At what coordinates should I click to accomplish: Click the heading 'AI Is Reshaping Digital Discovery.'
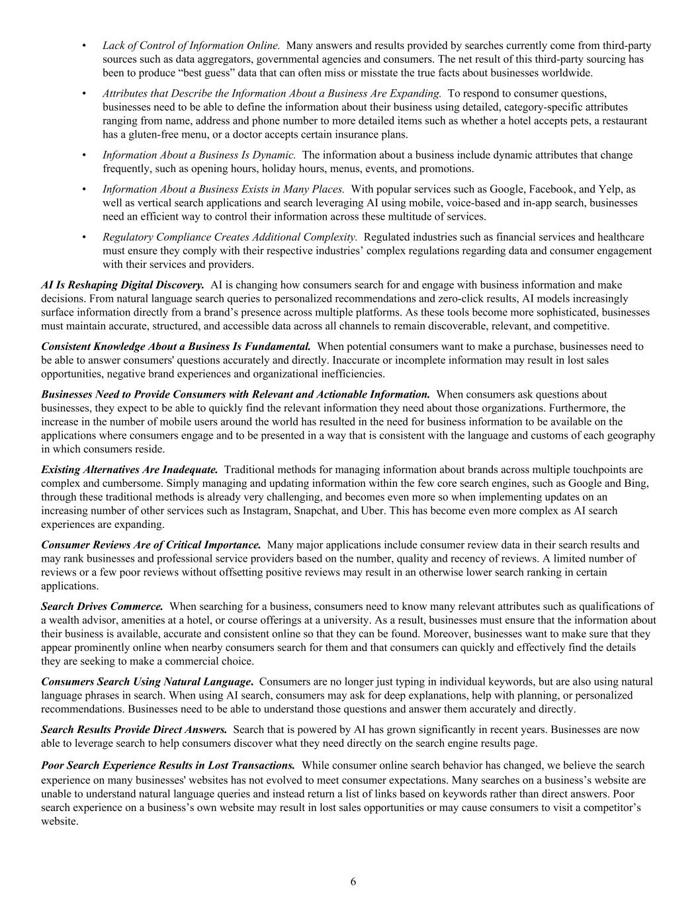tap(122, 285)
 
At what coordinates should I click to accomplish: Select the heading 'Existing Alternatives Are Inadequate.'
tap(129, 470)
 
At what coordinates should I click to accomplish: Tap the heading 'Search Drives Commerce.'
tap(102, 606)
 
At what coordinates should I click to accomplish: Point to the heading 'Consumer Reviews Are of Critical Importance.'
tap(151, 545)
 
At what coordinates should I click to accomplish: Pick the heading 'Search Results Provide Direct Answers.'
tap(134, 730)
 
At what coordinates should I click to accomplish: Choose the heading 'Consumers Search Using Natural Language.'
tap(147, 681)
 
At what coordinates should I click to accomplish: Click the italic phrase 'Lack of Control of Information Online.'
tap(191, 46)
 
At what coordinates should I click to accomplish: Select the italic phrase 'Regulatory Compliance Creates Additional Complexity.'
tap(230, 237)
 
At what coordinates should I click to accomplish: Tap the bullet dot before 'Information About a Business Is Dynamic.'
tap(84, 155)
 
